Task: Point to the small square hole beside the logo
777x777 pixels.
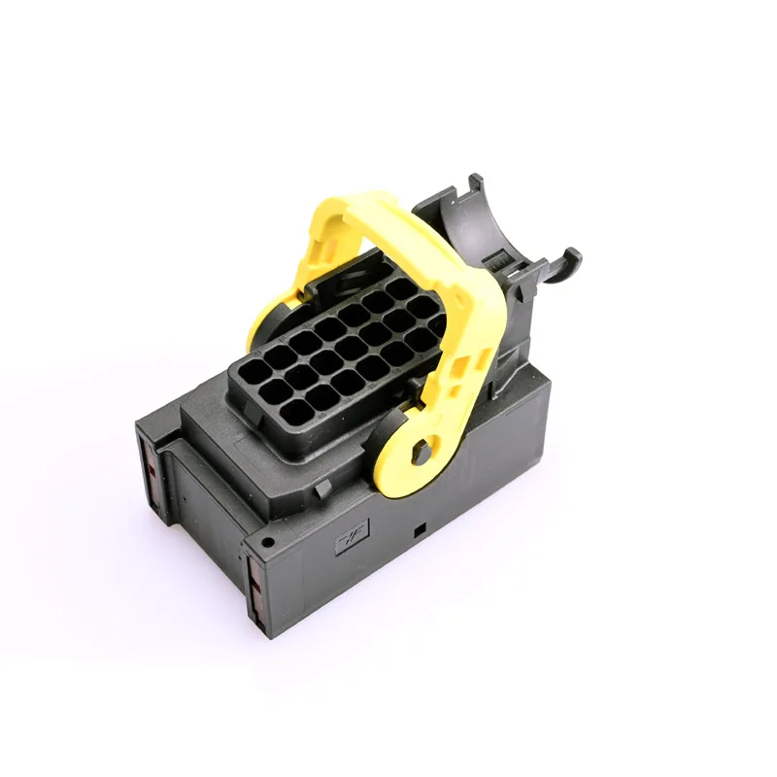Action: coord(419,530)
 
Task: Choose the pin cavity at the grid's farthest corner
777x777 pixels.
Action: coord(400,288)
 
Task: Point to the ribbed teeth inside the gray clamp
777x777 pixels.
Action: coord(500,262)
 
